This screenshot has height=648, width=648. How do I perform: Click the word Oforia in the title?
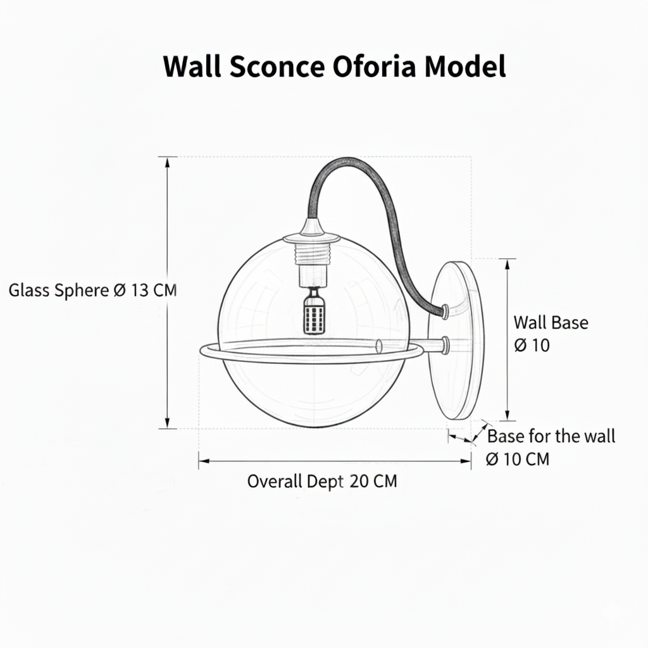(x=373, y=66)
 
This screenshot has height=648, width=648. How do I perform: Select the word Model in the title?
(x=464, y=66)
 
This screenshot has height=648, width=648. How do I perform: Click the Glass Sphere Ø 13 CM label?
(x=92, y=290)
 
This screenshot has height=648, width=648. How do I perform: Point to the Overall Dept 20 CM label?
(x=322, y=482)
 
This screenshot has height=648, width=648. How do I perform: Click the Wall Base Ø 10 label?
(x=551, y=334)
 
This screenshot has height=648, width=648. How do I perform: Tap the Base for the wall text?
(x=551, y=436)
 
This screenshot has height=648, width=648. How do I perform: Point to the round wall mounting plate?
(x=455, y=340)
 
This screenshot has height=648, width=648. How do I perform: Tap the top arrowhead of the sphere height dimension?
(x=167, y=162)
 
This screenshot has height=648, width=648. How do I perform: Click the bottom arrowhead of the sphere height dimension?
(x=167, y=423)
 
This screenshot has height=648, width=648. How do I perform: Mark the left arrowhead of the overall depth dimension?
(x=204, y=461)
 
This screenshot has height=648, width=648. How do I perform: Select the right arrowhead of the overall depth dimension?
(x=466, y=461)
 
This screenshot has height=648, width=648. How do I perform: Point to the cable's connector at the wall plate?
(x=445, y=311)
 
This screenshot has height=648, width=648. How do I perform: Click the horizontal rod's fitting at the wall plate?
(x=445, y=345)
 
